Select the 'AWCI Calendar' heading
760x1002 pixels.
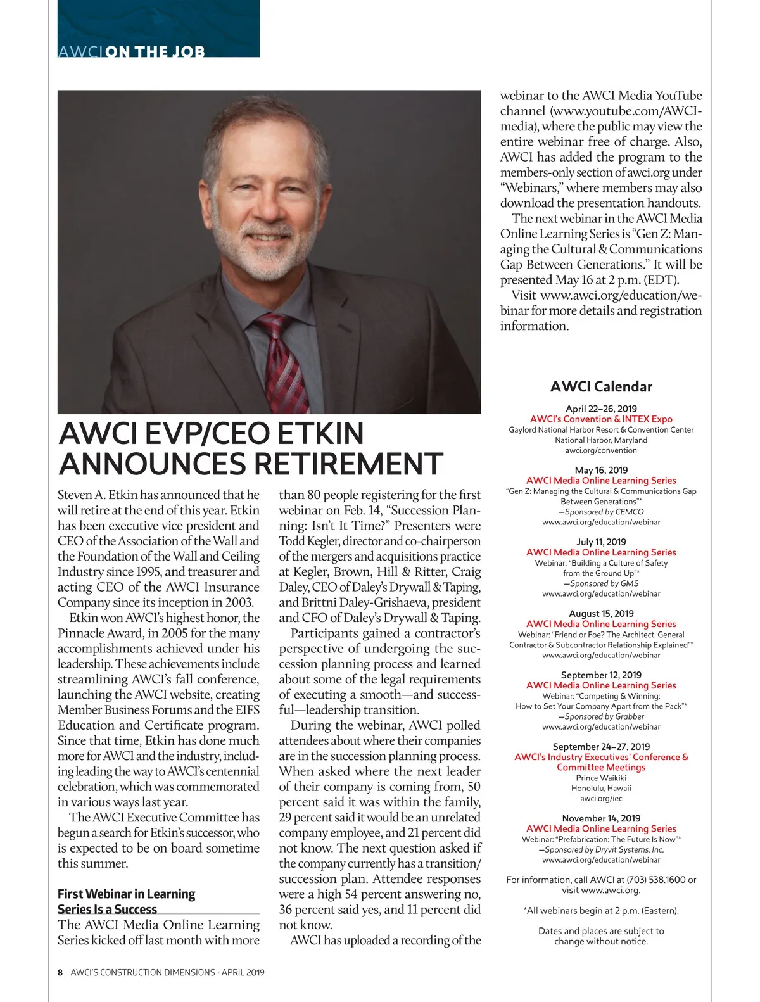click(x=601, y=386)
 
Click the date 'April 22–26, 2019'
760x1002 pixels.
click(x=601, y=409)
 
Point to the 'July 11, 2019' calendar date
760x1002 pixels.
click(x=601, y=542)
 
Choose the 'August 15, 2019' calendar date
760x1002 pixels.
click(x=601, y=613)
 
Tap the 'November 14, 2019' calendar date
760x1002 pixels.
click(x=601, y=818)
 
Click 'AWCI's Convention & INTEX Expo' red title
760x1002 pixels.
click(x=601, y=419)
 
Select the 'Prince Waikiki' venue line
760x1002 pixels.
click(x=601, y=778)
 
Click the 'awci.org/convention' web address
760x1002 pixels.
click(x=601, y=450)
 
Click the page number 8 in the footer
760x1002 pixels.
click(x=60, y=972)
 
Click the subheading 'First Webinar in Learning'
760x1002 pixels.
click(x=126, y=894)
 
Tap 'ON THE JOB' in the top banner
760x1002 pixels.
click(x=155, y=51)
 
